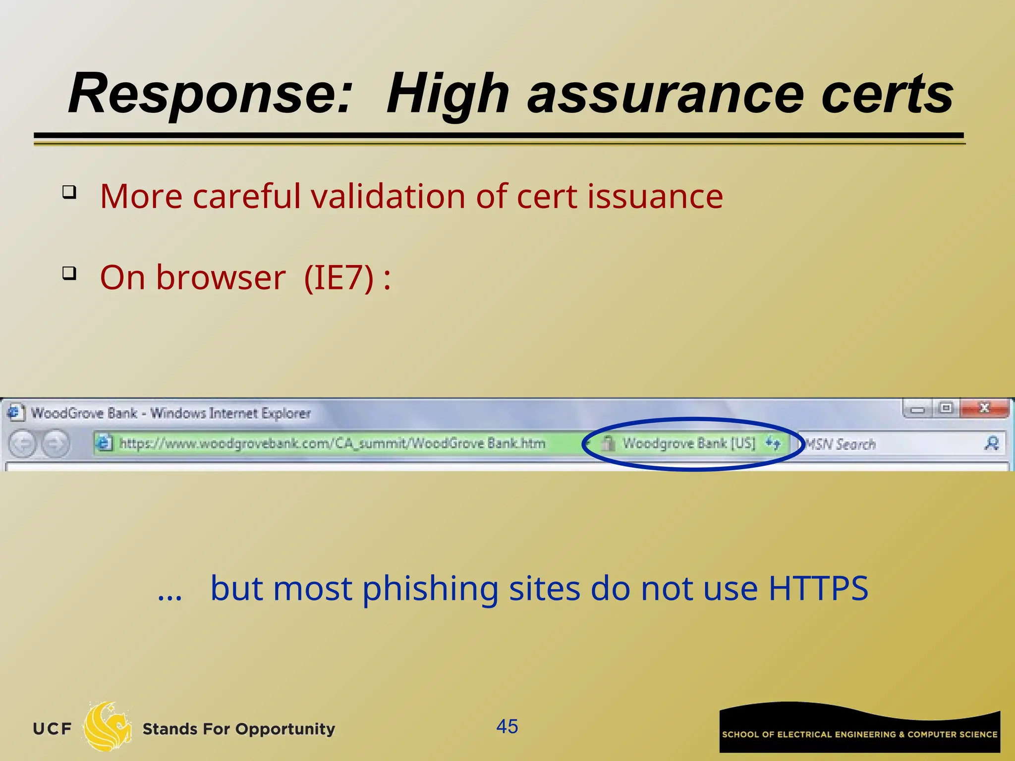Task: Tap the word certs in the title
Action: click(x=887, y=94)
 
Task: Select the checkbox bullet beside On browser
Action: click(x=69, y=273)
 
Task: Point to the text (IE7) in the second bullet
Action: click(x=338, y=277)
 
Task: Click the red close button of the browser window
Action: click(x=984, y=408)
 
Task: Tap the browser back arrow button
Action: click(x=23, y=443)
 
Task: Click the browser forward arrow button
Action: click(x=55, y=443)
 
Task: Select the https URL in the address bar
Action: click(x=332, y=443)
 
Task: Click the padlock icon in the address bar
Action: click(x=609, y=443)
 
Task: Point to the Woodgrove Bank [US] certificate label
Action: click(x=689, y=443)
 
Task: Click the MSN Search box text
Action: click(x=840, y=444)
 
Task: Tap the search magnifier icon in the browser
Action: click(x=992, y=443)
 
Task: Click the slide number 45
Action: click(x=507, y=727)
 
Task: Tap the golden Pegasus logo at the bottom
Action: click(x=107, y=727)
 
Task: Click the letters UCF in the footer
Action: click(x=52, y=729)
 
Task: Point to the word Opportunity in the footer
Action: click(x=285, y=729)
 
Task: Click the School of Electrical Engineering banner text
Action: click(x=859, y=734)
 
